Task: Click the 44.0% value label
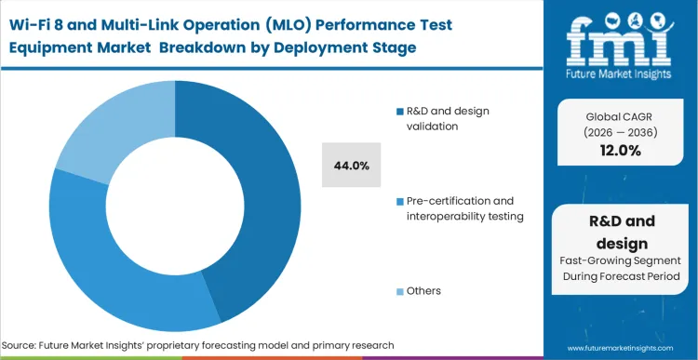352,166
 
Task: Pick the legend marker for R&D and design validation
399,112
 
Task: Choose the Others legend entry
423,291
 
